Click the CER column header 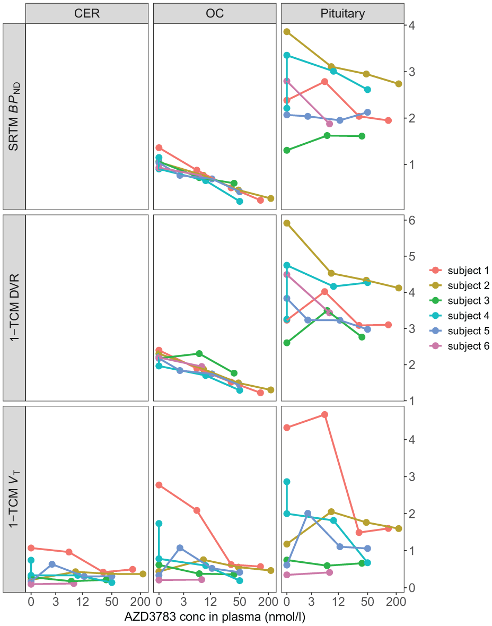click(87, 14)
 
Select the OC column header click(215, 14)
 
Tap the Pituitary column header click(343, 14)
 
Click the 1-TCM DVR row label click(14, 308)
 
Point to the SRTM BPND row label click(14, 117)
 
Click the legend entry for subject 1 click(459, 270)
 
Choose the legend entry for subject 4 click(459, 316)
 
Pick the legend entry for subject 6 click(459, 346)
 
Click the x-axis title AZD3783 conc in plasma click(215, 617)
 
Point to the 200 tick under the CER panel click(140, 601)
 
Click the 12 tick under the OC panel click(210, 601)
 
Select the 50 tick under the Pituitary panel click(367, 601)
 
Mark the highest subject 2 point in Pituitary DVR click(286, 223)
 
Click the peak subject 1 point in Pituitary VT click(324, 415)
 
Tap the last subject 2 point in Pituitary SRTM click(398, 84)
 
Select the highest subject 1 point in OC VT click(159, 485)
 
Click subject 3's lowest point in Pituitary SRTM click(286, 150)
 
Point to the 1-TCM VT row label click(14, 499)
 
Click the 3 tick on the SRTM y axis click(411, 72)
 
